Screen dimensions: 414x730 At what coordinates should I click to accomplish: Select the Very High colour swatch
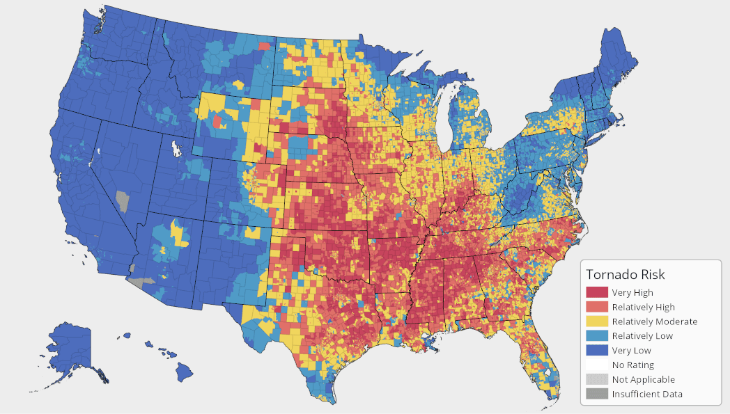597,292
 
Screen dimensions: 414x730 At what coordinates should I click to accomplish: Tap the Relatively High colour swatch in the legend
597,307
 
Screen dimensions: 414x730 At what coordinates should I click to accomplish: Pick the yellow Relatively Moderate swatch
597,321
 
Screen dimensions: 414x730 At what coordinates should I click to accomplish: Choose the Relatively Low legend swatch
597,336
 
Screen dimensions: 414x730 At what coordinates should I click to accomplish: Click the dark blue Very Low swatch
597,351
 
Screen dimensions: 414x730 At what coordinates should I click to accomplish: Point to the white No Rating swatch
597,365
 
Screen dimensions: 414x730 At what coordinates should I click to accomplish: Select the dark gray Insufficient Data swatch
597,395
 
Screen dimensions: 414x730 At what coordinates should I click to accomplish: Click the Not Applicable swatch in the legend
597,380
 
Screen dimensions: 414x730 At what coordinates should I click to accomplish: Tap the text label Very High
632,292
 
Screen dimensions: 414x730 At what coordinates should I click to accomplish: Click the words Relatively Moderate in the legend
654,321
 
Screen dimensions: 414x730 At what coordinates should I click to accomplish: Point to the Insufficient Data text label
647,395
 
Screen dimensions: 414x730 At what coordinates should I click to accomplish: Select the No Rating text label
633,365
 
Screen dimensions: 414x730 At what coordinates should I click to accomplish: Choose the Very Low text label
632,351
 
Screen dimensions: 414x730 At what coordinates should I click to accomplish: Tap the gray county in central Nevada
123,200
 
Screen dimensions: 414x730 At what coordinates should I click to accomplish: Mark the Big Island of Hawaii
184,372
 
